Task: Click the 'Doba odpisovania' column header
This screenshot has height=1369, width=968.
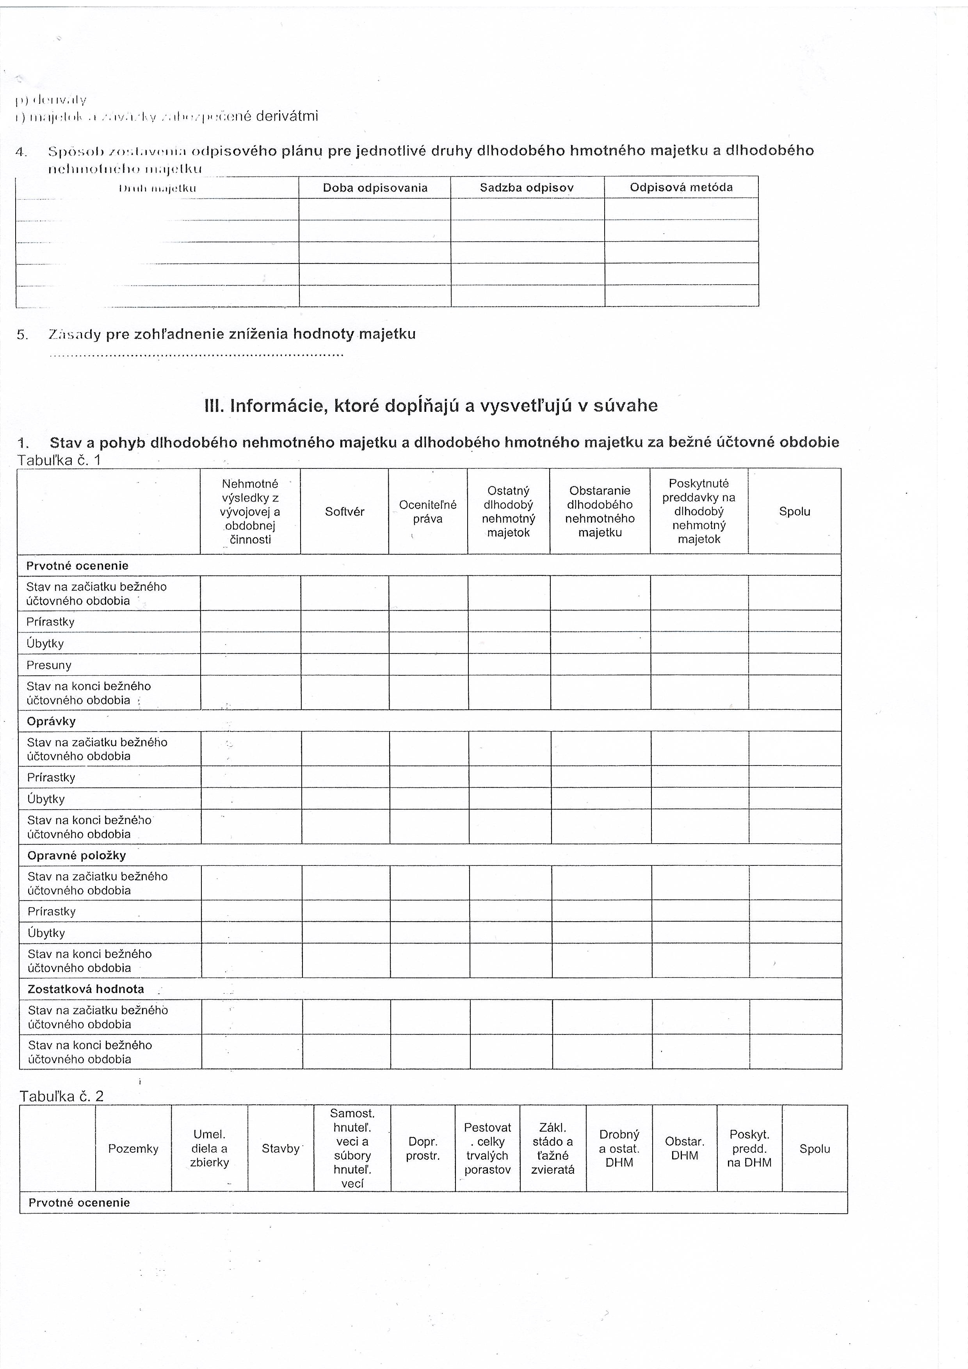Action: [x=375, y=188]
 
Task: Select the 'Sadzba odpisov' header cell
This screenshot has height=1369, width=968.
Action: [x=527, y=188]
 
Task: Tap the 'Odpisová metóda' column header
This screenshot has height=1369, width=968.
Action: [x=681, y=187]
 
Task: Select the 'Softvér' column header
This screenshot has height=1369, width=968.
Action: [x=345, y=512]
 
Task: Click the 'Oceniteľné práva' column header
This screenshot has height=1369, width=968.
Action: [x=428, y=512]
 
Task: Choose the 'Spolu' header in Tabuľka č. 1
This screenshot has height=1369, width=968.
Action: [x=795, y=512]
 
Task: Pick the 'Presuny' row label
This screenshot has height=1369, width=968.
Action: [x=49, y=665]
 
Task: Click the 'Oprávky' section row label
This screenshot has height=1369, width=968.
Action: [x=51, y=721]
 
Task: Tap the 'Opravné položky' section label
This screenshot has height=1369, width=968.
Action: [x=77, y=855]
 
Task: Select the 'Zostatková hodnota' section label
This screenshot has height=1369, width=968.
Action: [x=86, y=988]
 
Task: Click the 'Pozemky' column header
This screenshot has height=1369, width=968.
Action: [x=133, y=1149]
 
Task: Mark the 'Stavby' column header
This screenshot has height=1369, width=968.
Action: [x=281, y=1149]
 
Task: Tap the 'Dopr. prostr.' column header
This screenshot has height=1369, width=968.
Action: [x=423, y=1149]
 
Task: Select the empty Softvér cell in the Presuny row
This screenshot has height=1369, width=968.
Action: [x=345, y=665]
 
